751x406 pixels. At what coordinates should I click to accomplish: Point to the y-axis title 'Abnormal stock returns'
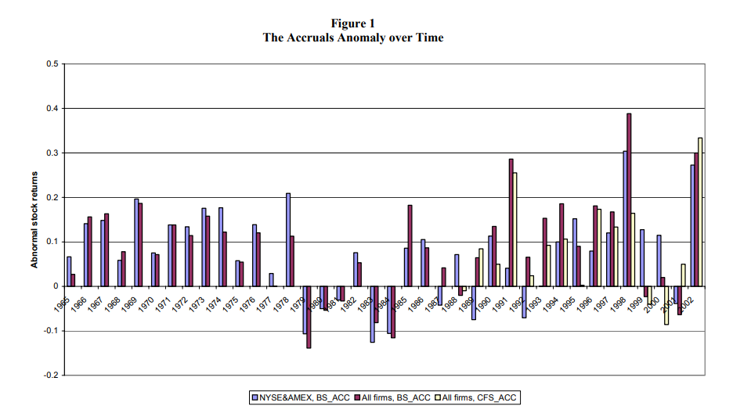coord(35,220)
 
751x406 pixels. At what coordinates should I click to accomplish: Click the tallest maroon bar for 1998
coord(629,199)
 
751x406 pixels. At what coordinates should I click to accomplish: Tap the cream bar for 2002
coord(700,212)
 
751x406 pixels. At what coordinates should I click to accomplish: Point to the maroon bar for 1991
coord(511,222)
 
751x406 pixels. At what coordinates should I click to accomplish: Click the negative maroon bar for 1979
coord(309,317)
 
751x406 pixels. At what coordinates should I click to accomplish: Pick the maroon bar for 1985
coord(410,246)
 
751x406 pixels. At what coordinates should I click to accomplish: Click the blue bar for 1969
coord(136,243)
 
